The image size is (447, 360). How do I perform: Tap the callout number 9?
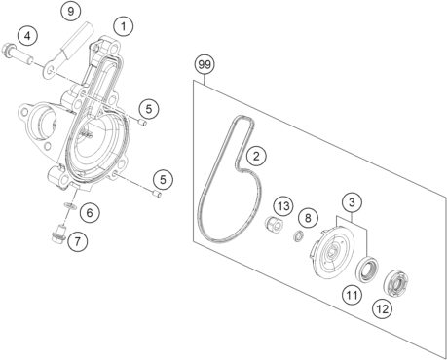pos(70,12)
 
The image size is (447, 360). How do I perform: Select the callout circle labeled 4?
pos(29,37)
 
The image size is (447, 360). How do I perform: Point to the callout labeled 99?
pos(205,66)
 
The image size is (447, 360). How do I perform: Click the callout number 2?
pos(256,154)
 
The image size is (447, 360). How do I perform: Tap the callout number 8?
pos(308,217)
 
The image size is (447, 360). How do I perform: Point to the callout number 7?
pos(76,239)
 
